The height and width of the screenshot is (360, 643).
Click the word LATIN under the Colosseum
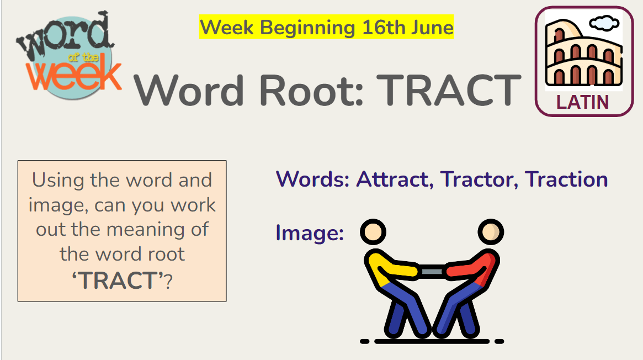click(582, 103)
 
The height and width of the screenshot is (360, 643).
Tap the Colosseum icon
click(583, 54)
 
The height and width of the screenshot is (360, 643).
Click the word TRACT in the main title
click(449, 90)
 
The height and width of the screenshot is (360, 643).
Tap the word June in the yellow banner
click(432, 28)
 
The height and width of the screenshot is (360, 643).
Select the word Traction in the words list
click(566, 179)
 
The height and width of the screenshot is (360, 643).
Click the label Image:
click(310, 233)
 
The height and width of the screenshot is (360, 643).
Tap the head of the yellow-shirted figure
click(373, 232)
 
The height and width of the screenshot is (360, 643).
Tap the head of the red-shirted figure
click(491, 232)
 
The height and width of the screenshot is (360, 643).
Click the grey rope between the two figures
click(432, 272)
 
